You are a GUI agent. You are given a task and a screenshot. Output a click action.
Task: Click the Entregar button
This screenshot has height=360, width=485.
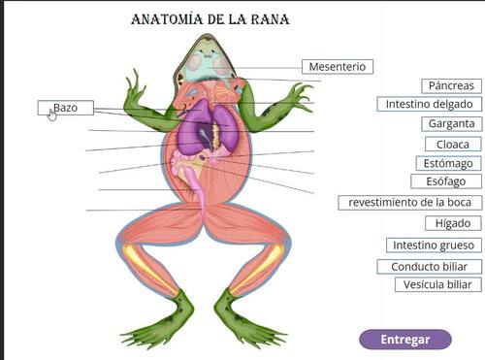[x=404, y=340]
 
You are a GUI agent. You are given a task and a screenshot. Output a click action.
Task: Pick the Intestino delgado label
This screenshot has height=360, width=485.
[x=429, y=104]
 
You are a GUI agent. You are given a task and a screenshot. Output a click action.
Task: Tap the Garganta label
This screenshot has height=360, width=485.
[x=451, y=124]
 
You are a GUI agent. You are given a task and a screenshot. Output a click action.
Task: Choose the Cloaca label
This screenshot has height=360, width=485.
[x=453, y=145]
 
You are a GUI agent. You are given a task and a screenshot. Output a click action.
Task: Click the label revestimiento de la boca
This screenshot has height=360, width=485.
[x=409, y=203]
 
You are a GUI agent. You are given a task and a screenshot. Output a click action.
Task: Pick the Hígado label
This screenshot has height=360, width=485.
[x=453, y=223]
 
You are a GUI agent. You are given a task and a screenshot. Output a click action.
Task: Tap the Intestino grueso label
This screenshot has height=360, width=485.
[x=432, y=245]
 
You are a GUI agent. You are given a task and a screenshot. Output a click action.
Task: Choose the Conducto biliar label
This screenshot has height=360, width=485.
[x=429, y=267]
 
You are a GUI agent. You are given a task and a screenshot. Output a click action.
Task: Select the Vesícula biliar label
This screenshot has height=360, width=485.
[x=437, y=284]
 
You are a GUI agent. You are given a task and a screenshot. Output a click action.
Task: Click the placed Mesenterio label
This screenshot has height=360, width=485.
[x=337, y=67]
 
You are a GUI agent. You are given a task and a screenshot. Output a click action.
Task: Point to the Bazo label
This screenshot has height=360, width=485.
[x=65, y=108]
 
